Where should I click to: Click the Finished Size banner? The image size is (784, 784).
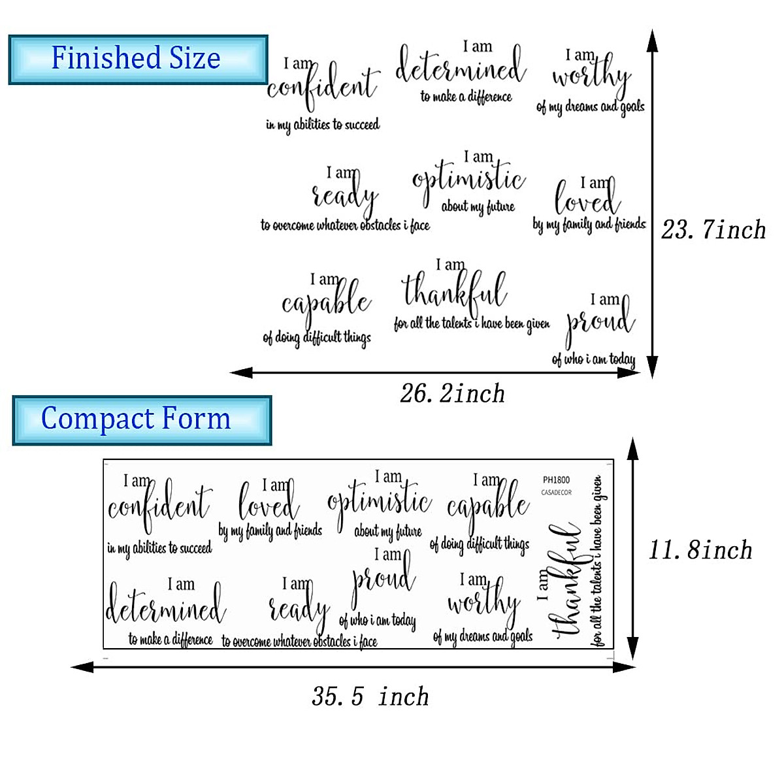tap(138, 59)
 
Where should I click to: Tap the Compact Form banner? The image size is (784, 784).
tap(141, 419)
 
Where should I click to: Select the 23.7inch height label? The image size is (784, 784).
tap(713, 230)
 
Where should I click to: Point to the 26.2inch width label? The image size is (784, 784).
tap(452, 394)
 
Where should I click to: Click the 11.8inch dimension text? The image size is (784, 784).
tap(700, 550)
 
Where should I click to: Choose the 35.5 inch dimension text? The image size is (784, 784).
tap(370, 696)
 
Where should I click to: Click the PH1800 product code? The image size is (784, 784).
tap(556, 480)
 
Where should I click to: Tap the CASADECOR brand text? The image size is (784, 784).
tap(556, 493)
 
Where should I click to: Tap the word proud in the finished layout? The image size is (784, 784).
tap(600, 322)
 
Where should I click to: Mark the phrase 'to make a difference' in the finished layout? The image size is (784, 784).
tap(466, 97)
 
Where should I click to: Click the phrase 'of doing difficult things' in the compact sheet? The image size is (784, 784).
tap(480, 544)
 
